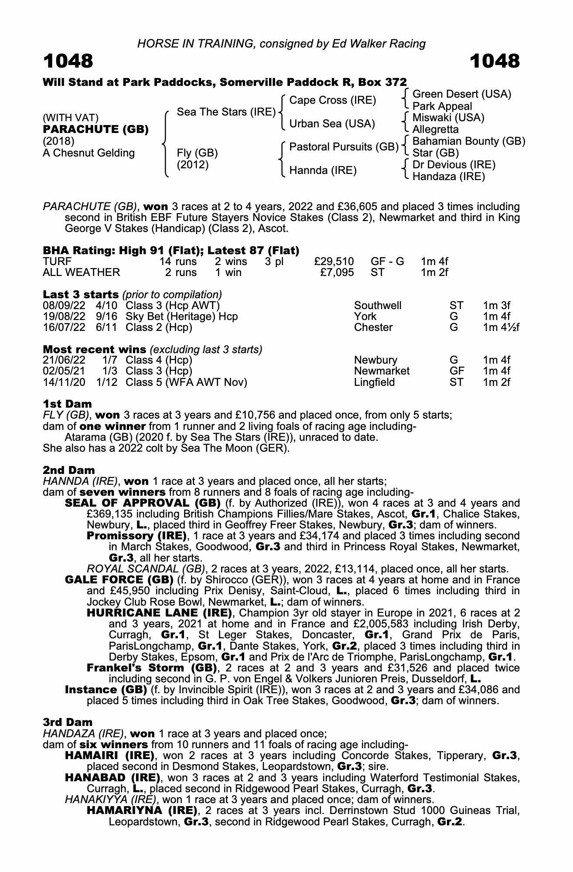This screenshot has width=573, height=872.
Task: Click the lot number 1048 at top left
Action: pyautogui.click(x=68, y=61)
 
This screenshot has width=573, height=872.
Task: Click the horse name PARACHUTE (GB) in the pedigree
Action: pyautogui.click(x=96, y=129)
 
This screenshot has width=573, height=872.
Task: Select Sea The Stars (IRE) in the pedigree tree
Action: pyautogui.click(x=226, y=112)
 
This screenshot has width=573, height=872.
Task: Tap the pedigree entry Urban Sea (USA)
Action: pyautogui.click(x=332, y=124)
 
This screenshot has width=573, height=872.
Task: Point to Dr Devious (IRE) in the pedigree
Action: pyautogui.click(x=454, y=165)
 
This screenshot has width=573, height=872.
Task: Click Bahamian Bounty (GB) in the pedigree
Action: pyautogui.click(x=468, y=141)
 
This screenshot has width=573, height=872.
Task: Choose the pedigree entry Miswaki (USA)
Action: pyautogui.click(x=448, y=118)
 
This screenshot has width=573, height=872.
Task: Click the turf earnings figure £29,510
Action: pyautogui.click(x=334, y=262)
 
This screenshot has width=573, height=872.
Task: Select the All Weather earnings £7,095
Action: pyautogui.click(x=337, y=272)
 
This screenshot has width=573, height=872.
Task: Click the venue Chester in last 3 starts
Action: pyautogui.click(x=373, y=327)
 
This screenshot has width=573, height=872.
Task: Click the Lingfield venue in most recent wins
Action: pyautogui.click(x=374, y=382)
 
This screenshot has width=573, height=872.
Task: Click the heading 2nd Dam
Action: pyautogui.click(x=68, y=470)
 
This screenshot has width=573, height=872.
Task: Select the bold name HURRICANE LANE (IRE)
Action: pyautogui.click(x=159, y=613)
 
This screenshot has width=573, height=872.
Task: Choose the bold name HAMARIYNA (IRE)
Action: pyautogui.click(x=142, y=811)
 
